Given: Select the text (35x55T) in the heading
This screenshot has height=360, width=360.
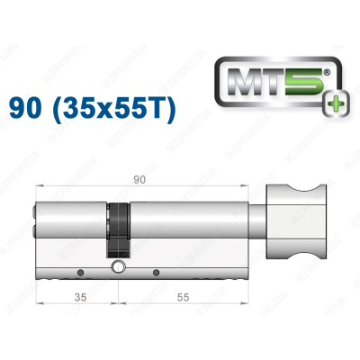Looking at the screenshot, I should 121,110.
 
